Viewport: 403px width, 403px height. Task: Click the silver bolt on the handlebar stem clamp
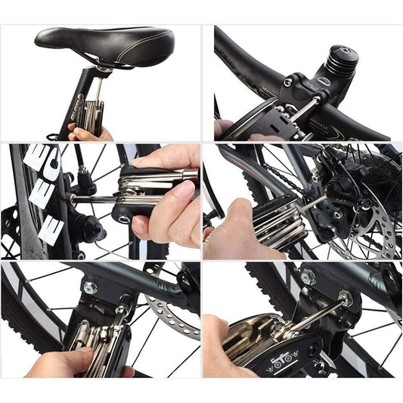tap(289, 82)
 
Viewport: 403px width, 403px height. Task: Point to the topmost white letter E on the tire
tap(41, 160)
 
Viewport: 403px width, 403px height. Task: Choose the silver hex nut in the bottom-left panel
tap(91, 287)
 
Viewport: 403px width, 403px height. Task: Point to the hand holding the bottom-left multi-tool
tap(60, 363)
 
